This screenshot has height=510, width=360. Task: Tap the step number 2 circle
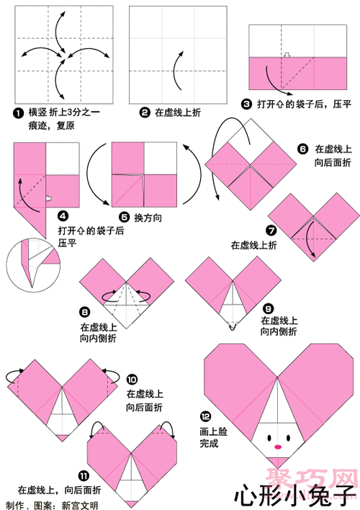point(145,112)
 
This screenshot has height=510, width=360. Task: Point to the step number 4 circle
point(63,215)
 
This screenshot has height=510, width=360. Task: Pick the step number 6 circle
point(303,149)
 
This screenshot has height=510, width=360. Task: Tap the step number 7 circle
point(271,231)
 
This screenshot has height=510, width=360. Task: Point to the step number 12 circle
point(205,416)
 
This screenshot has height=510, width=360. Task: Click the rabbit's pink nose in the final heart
point(276,447)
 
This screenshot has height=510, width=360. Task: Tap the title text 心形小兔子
point(294,494)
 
